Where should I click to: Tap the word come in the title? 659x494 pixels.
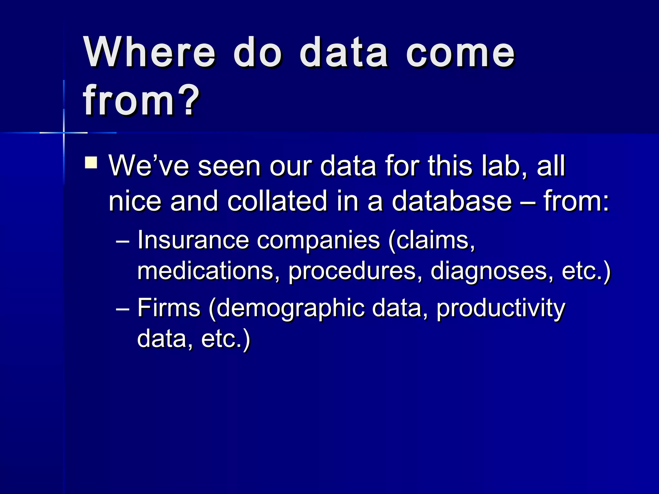click(460, 53)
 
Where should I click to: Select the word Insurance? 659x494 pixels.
click(193, 240)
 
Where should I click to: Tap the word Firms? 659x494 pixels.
click(169, 308)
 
